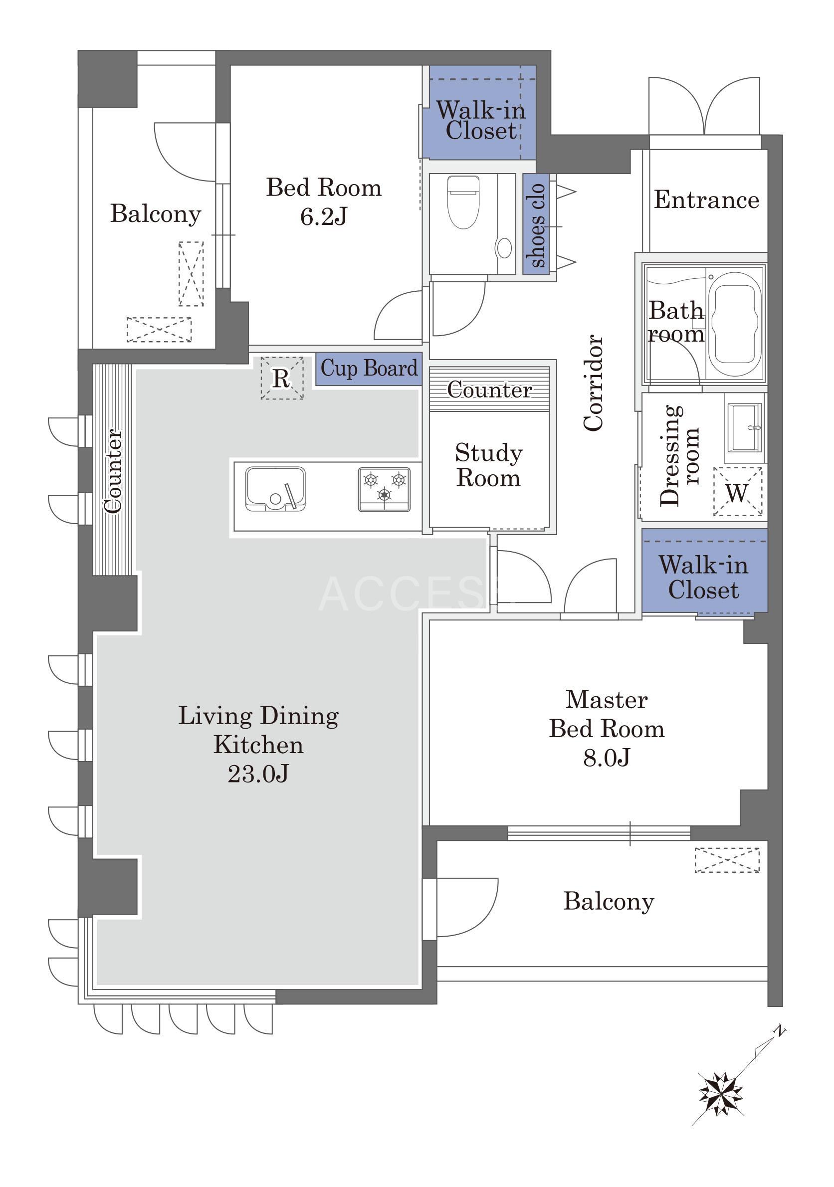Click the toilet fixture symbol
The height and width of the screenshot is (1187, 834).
point(463,202)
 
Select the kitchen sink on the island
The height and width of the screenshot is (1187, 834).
point(275,489)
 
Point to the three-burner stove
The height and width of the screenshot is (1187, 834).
point(384,490)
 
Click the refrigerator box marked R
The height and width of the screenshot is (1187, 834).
point(282,378)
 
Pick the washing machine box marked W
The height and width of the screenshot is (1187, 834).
point(737,492)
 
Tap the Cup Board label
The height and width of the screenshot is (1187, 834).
point(369,369)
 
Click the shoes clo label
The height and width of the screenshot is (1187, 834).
point(536,225)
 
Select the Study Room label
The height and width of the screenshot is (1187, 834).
point(488,465)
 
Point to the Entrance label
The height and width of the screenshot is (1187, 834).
point(706,199)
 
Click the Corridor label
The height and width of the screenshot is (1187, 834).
point(593,383)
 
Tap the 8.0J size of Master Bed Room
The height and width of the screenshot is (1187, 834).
point(607,758)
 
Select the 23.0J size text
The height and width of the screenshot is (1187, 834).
point(258,774)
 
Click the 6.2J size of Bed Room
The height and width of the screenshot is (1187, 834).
point(324,216)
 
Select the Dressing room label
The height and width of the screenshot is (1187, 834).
point(679,455)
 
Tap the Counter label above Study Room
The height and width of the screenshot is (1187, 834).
point(489,390)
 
